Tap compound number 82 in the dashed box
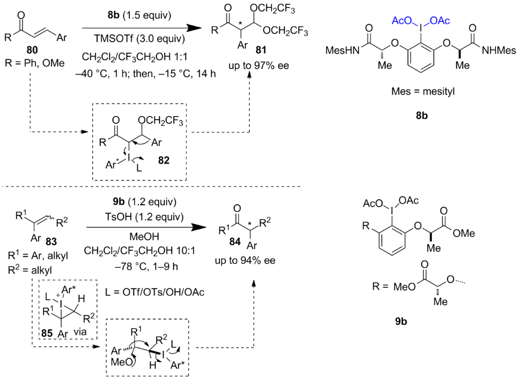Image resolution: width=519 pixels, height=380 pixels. (x=163, y=160)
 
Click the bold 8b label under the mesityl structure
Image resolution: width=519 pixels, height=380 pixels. (x=422, y=116)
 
